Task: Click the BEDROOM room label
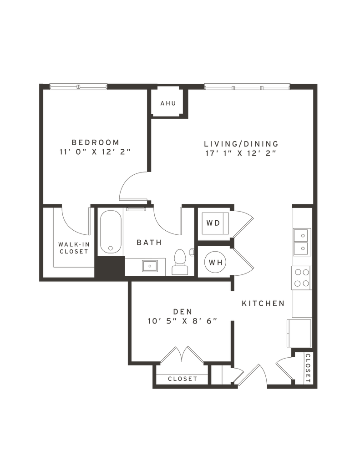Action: tap(95, 142)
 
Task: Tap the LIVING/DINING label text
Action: tap(240, 144)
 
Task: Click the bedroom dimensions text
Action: tap(95, 152)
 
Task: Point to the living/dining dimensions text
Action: tap(240, 153)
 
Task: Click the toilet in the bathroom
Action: tap(179, 263)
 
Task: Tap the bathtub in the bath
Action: tap(111, 232)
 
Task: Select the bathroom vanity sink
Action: tap(148, 265)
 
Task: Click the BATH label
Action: tap(149, 243)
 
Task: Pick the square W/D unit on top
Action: tap(213, 223)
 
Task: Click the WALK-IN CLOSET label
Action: tap(73, 247)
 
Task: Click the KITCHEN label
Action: tap(263, 304)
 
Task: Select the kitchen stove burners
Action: tap(301, 278)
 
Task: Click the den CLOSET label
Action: tap(182, 379)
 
